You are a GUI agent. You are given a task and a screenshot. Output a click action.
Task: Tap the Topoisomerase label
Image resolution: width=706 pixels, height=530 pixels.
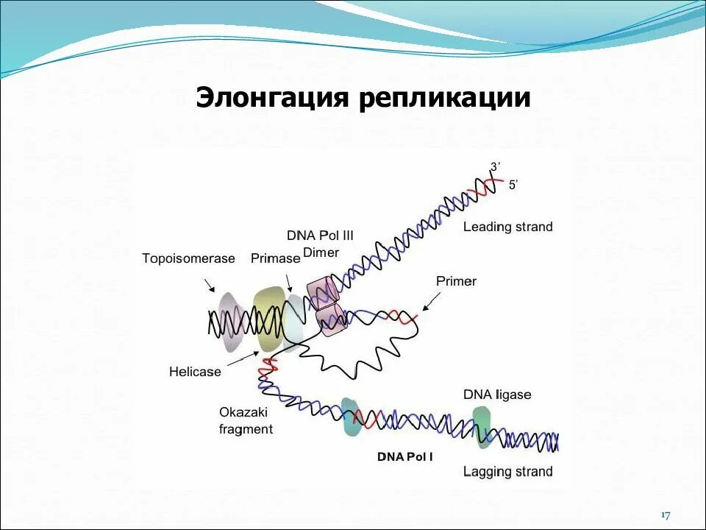point(188,258)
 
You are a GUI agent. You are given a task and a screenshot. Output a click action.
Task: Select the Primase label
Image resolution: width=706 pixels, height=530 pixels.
point(275,258)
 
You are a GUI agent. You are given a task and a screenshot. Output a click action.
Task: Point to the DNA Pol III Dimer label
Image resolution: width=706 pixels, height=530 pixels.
point(320,244)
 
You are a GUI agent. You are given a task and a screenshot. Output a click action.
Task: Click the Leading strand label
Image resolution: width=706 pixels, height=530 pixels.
point(507,227)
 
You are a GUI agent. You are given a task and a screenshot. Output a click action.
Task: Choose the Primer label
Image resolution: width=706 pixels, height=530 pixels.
point(456,281)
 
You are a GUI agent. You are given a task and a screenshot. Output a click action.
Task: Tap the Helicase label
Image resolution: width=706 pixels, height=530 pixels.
point(195,372)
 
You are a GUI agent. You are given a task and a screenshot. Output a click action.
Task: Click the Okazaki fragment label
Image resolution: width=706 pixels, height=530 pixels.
point(246,420)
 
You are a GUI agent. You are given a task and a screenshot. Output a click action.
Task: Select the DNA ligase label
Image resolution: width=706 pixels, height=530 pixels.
point(496,395)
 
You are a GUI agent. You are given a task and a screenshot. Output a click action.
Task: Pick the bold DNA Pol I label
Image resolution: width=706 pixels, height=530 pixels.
point(405,457)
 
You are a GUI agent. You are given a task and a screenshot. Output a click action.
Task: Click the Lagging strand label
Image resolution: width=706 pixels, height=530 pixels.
point(507,471)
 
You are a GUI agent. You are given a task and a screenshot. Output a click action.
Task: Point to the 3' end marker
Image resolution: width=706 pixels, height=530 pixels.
point(496,167)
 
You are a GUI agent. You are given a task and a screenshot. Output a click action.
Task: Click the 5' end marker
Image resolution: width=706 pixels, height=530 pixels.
point(513,185)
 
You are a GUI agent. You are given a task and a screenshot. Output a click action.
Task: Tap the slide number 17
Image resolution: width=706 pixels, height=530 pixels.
point(666,515)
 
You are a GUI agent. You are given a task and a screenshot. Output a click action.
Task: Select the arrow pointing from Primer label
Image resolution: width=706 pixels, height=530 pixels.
point(432,301)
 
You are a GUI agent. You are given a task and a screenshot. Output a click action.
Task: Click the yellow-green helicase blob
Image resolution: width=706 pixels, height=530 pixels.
point(268,317)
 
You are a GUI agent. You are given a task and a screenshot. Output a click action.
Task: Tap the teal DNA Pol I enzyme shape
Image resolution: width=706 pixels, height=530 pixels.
point(350,417)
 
